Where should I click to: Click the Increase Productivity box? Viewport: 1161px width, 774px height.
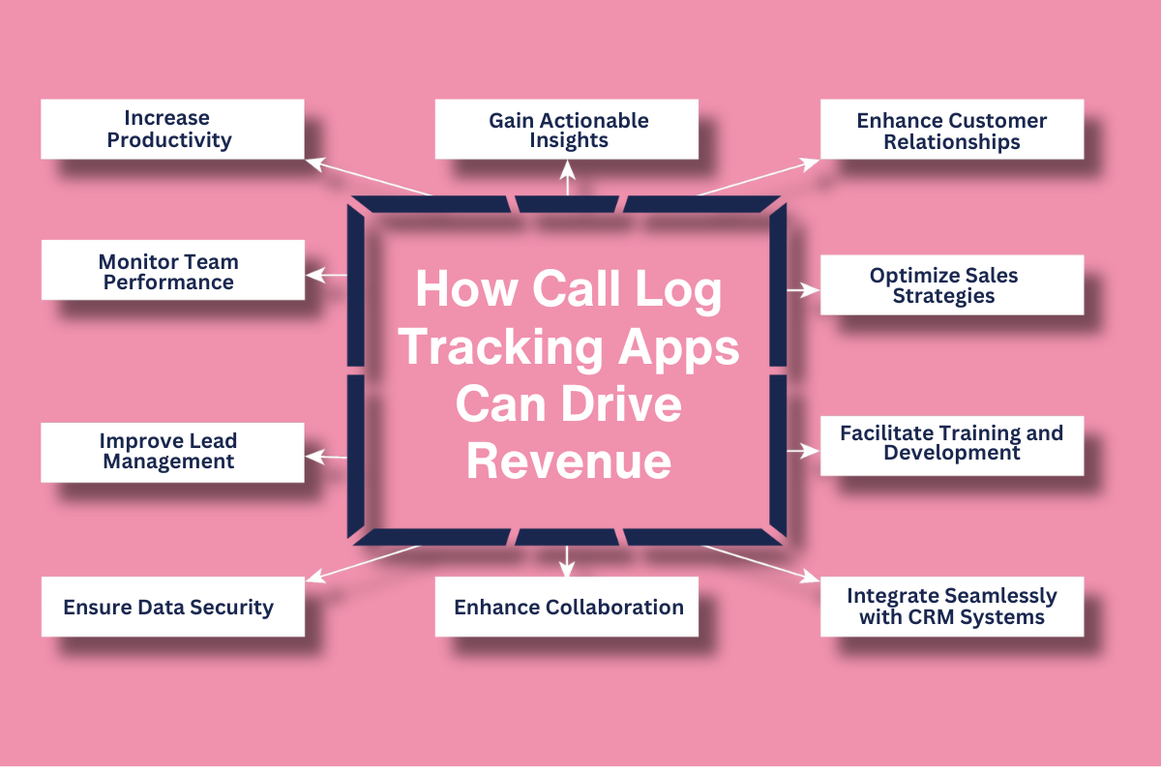pyautogui.click(x=172, y=129)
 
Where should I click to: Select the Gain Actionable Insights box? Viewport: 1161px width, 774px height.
pyautogui.click(x=566, y=130)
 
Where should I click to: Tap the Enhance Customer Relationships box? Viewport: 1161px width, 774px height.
pyautogui.click(x=952, y=130)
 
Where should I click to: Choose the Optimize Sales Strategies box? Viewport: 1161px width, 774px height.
pyautogui.click(x=952, y=284)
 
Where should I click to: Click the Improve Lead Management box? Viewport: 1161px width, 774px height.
pyautogui.click(x=172, y=451)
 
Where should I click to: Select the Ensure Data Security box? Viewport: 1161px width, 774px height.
pyautogui.click(x=172, y=607)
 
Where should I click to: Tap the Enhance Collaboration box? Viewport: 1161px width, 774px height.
pyautogui.click(x=566, y=607)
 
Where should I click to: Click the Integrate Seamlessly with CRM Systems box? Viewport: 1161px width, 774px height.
pyautogui.click(x=952, y=607)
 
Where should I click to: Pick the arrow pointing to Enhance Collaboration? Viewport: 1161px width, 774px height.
pyautogui.click(x=568, y=558)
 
